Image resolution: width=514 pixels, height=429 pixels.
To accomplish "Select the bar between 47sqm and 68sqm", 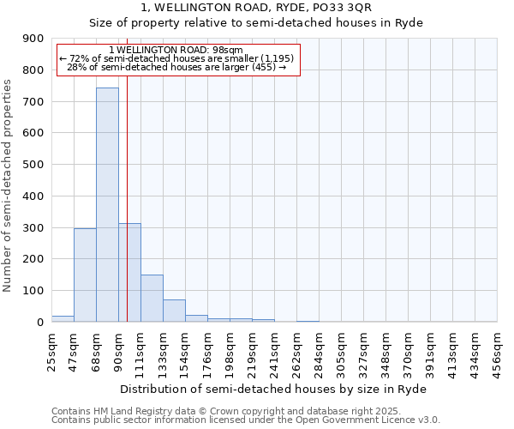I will pyautogui.click(x=85, y=275).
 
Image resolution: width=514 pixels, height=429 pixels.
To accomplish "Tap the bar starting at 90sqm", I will pyautogui.click(x=129, y=272).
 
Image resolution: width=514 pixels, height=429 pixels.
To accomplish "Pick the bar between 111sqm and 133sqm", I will pyautogui.click(x=152, y=298).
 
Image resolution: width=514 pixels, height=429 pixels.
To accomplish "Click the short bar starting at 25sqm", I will pyautogui.click(x=63, y=318).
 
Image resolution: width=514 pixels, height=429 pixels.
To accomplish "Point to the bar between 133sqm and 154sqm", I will pyautogui.click(x=174, y=311).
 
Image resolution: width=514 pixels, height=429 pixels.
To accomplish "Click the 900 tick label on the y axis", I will pyautogui.click(x=33, y=39).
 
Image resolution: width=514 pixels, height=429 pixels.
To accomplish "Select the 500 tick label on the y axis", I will pyautogui.click(x=33, y=165).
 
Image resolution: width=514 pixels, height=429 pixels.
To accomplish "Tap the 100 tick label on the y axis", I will pyautogui.click(x=33, y=291).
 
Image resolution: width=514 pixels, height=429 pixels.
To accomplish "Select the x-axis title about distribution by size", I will pyautogui.click(x=273, y=389).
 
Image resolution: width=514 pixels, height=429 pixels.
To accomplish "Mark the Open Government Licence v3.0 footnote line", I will pyautogui.click(x=246, y=420).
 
